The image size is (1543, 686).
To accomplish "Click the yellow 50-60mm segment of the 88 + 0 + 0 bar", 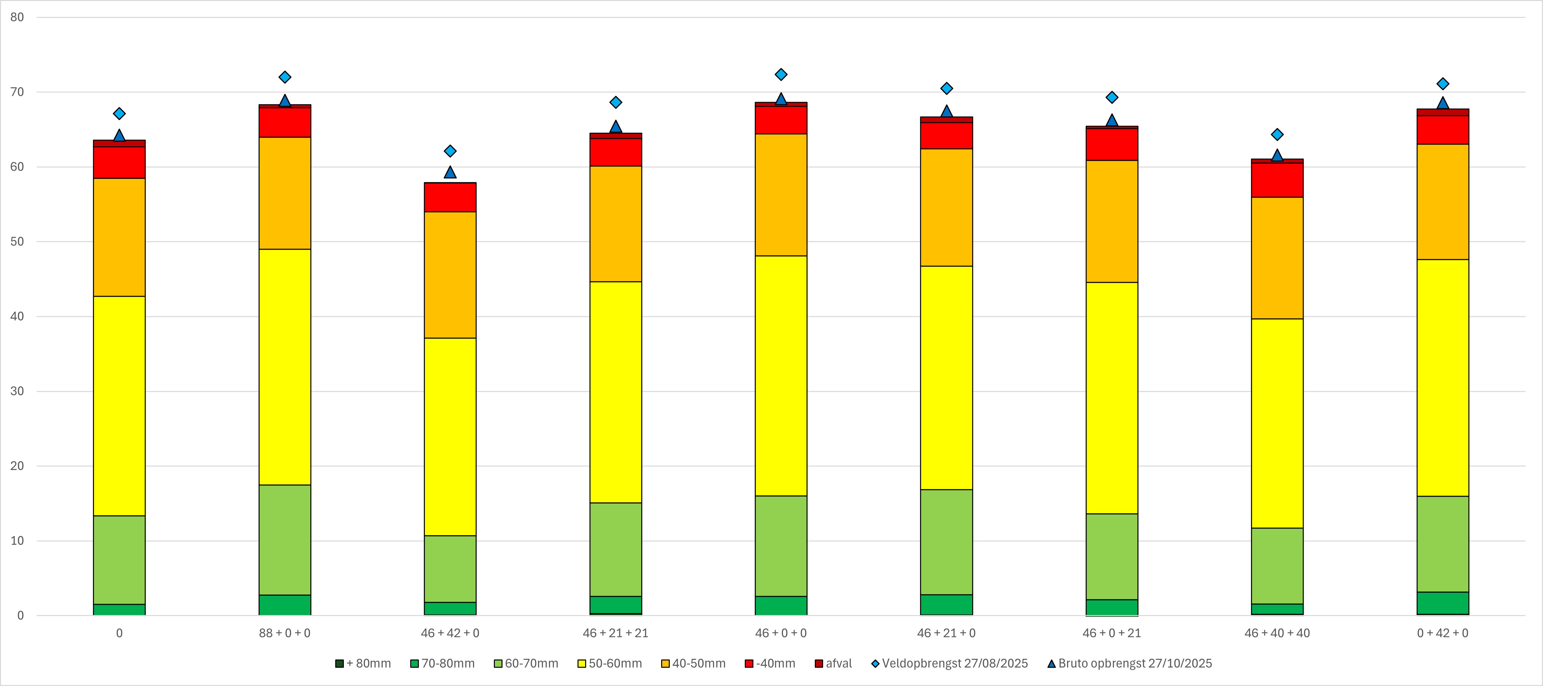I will [x=284, y=366].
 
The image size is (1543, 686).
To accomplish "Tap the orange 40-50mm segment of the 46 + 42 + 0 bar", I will [x=450, y=275].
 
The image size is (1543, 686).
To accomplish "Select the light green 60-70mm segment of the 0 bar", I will [x=119, y=560].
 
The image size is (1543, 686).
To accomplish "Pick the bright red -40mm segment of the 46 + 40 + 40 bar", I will [x=1277, y=180].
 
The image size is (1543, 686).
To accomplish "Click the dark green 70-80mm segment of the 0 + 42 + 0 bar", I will [x=1442, y=603].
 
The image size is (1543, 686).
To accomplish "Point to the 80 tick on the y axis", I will [x=17, y=17].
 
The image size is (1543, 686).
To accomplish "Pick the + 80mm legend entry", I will [x=363, y=663].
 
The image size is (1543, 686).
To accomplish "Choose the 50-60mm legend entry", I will [x=610, y=663].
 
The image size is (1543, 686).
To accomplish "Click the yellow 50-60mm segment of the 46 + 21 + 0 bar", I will [x=946, y=378].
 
